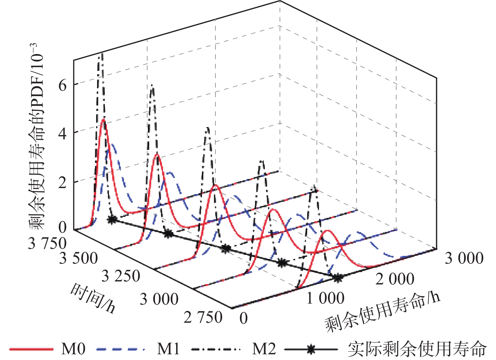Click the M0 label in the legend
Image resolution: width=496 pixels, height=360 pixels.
tap(73, 349)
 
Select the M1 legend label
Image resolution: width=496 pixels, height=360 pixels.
tap(168, 349)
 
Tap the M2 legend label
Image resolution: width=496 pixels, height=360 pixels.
tap(264, 349)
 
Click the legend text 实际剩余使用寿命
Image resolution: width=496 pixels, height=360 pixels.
tap(417, 349)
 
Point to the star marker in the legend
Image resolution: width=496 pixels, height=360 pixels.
tap(311, 349)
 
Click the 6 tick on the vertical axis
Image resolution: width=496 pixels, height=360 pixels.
tap(63, 85)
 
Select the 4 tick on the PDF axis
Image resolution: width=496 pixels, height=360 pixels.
tap(63, 134)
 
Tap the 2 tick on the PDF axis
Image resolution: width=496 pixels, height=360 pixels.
tap(63, 183)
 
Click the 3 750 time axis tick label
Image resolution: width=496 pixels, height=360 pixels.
tap(47, 243)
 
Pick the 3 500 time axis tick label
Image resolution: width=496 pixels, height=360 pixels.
tap(78, 258)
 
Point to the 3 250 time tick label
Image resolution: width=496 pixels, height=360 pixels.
tap(121, 276)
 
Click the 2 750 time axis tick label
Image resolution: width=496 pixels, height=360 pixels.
tap(203, 317)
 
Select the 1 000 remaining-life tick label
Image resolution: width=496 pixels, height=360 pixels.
tap(325, 298)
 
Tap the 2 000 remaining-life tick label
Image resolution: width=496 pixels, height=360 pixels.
tap(395, 279)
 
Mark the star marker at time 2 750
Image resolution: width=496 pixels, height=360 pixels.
tap(338, 278)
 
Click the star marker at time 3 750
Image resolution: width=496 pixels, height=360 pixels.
tap(112, 220)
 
